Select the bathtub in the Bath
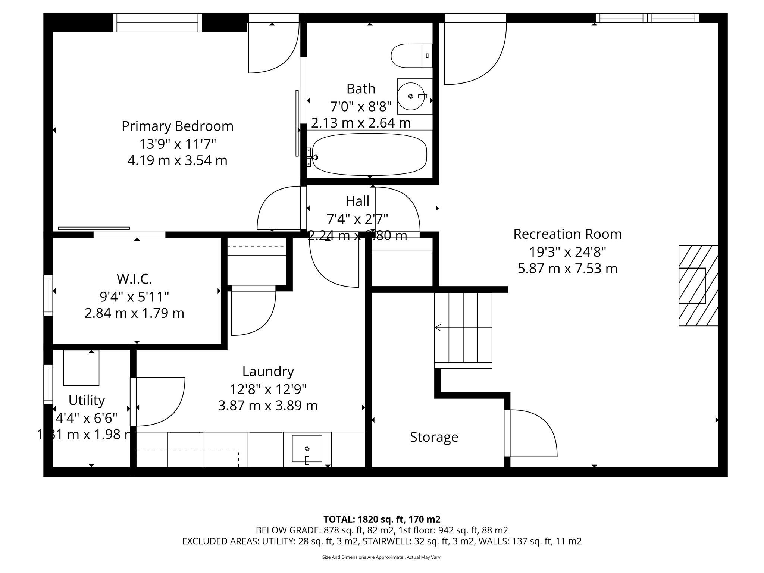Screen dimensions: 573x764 [369, 155]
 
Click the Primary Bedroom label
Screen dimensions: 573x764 [178, 126]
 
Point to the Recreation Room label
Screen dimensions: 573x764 [567, 234]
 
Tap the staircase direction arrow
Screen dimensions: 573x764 [439, 328]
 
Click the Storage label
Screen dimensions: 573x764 [434, 437]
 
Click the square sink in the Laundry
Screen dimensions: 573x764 [307, 449]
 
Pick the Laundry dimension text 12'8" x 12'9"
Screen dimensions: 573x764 [268, 389]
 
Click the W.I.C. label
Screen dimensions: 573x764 [134, 279]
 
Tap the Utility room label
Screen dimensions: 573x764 [87, 400]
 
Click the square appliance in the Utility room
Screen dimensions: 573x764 [81, 368]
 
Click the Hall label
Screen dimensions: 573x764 [357, 201]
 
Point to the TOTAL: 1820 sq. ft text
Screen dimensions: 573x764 [382, 519]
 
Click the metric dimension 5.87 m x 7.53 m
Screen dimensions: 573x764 [567, 269]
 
